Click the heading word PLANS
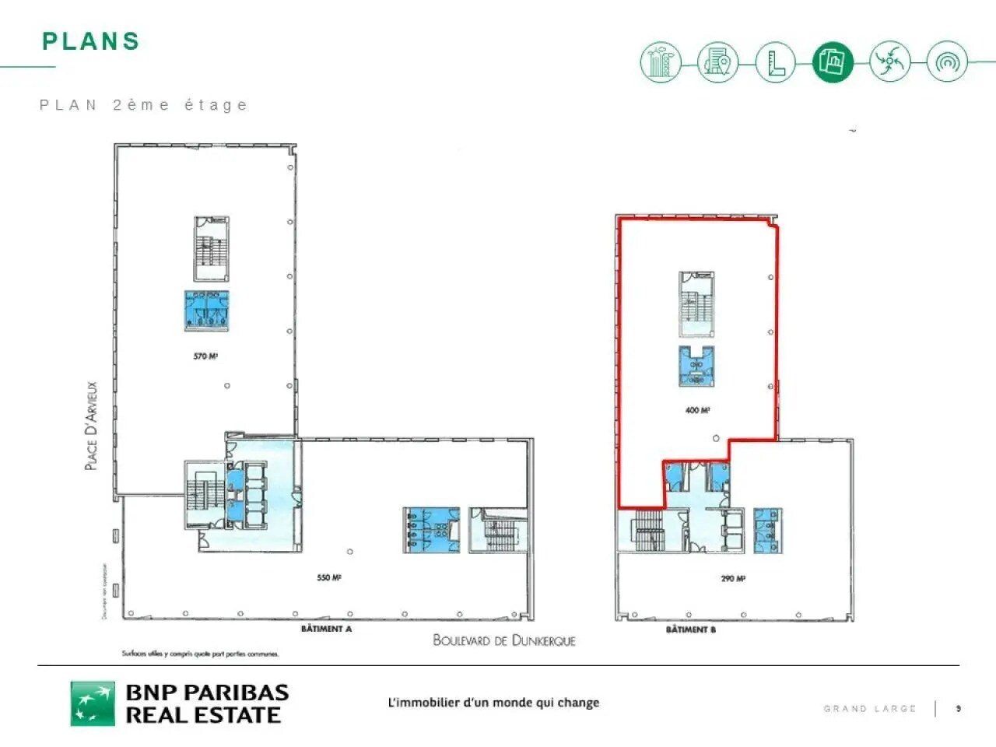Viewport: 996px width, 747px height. pos(91,41)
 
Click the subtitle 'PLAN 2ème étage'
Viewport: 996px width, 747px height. pos(143,105)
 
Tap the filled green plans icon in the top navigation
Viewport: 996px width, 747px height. pos(832,61)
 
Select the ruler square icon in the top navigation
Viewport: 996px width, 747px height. pos(775,61)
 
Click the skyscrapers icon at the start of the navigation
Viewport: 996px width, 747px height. pos(661,61)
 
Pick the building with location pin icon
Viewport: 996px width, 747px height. pos(717,61)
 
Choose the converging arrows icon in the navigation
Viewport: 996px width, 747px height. pos(889,61)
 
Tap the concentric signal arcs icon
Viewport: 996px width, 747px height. pos(947,61)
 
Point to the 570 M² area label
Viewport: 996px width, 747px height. pos(205,356)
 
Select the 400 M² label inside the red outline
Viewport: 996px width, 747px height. pos(697,410)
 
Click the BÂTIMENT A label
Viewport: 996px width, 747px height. pos(326,629)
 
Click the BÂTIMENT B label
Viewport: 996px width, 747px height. pos(690,630)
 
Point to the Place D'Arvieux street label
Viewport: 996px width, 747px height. pos(92,425)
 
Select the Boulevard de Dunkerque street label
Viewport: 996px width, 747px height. pos(504,640)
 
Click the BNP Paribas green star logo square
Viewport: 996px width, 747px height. pos(93,703)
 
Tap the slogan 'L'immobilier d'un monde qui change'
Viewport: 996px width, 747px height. pos(493,703)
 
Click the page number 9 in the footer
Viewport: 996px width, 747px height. pos(959,708)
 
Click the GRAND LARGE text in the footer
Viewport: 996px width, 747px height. pos(870,709)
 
